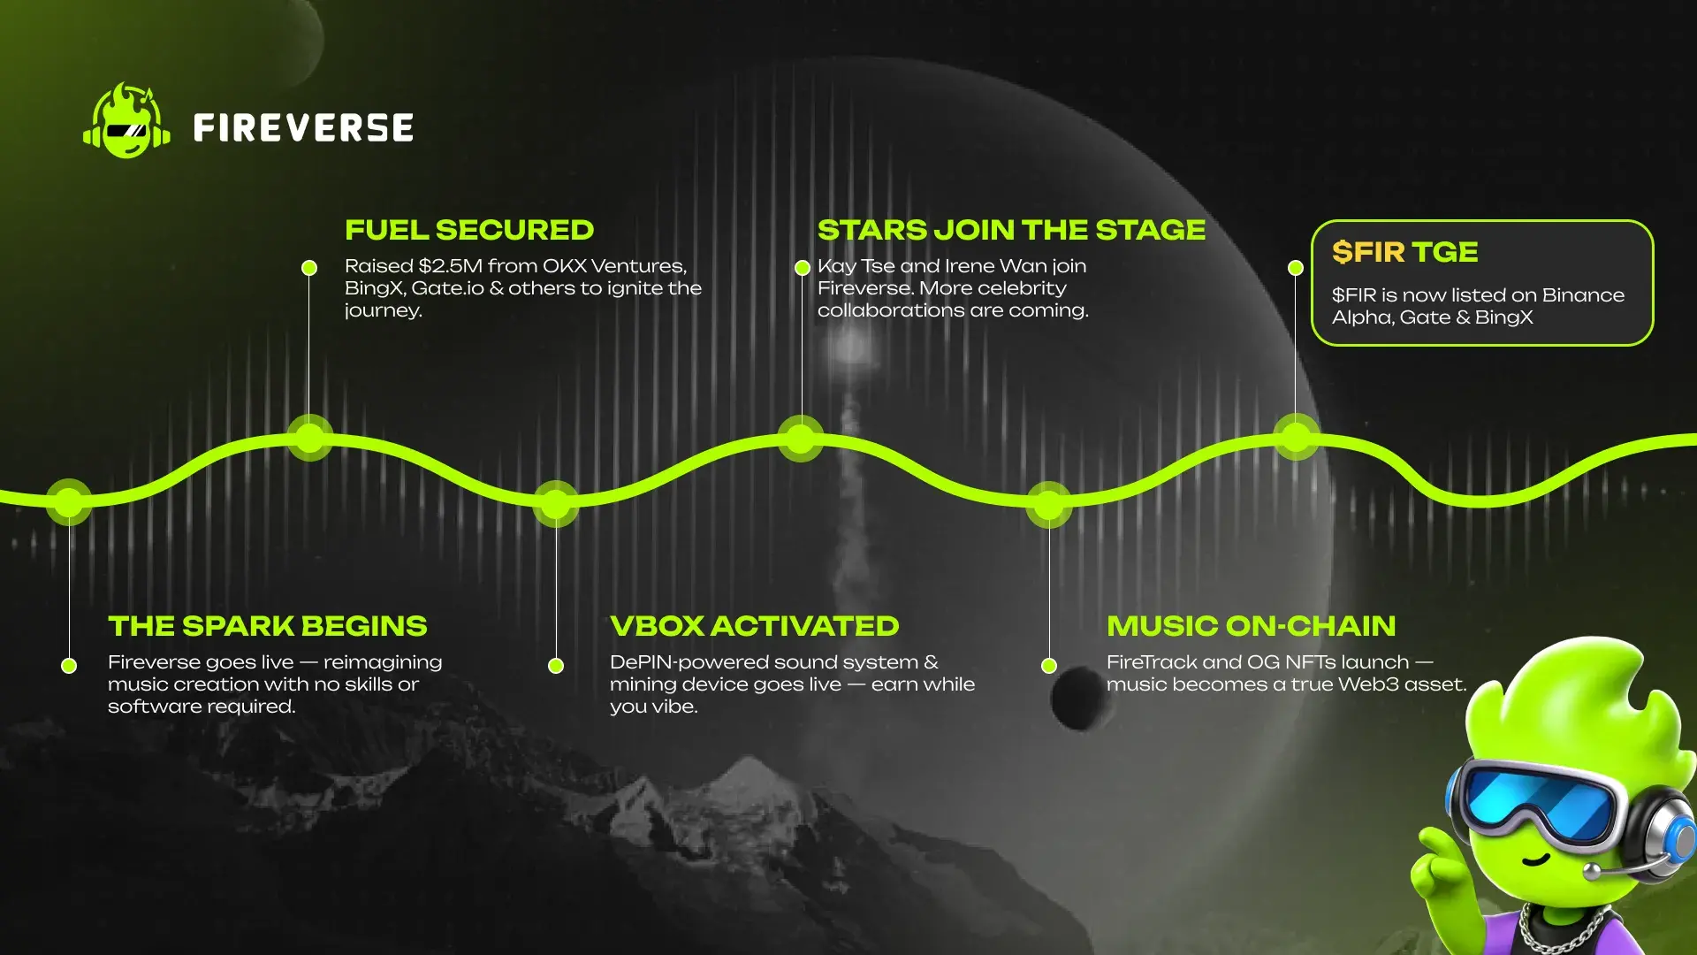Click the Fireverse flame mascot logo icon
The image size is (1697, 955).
(126, 121)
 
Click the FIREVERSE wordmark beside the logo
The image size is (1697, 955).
(303, 127)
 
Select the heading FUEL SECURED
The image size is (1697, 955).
(469, 230)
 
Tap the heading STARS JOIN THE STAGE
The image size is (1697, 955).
(1011, 230)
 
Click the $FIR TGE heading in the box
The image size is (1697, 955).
(1404, 252)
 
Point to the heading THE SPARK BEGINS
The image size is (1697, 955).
(267, 626)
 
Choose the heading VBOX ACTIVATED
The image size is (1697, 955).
(754, 626)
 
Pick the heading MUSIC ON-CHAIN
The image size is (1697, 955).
(1251, 626)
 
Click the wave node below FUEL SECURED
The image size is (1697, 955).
(309, 438)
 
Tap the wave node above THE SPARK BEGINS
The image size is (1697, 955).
(69, 502)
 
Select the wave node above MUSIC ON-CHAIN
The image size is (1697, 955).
(1048, 505)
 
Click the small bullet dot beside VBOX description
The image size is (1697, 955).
(556, 666)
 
